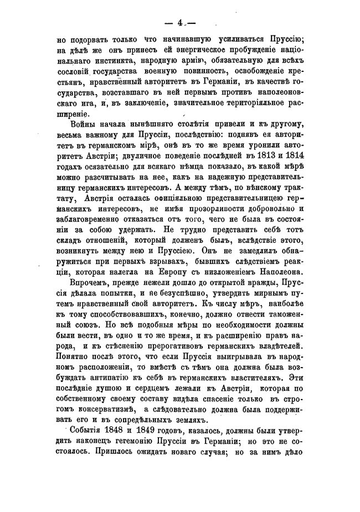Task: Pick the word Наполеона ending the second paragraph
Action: click(x=280, y=271)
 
